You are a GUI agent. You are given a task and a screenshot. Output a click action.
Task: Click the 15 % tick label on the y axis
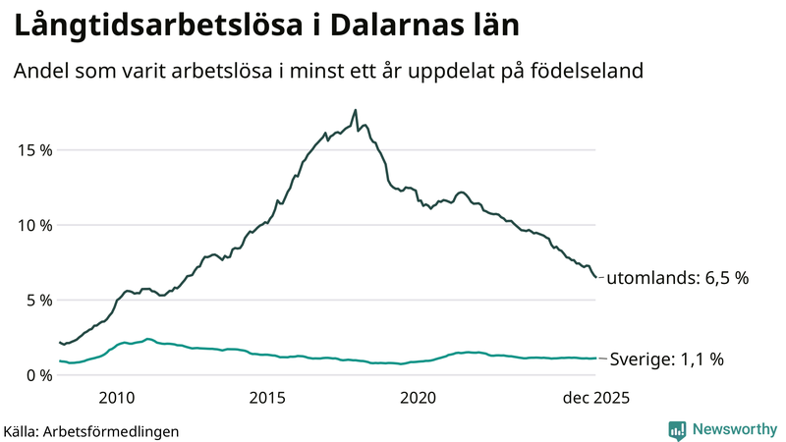(34, 150)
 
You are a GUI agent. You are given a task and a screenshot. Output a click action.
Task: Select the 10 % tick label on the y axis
(34, 225)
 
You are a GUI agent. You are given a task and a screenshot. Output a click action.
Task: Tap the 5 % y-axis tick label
(38, 300)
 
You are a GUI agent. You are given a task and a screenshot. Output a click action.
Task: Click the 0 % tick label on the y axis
(38, 375)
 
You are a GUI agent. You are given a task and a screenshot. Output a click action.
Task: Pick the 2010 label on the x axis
(117, 398)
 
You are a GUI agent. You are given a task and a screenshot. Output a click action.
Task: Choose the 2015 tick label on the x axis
(267, 398)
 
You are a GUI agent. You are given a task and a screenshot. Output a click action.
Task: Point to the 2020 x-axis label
(419, 398)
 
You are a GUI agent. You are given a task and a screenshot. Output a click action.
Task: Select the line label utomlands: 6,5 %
(677, 278)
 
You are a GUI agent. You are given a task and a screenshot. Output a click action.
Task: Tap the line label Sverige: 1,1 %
(667, 359)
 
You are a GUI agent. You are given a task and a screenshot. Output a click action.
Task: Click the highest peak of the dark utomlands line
(355, 110)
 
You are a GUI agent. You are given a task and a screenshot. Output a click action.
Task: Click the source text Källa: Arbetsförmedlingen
(91, 430)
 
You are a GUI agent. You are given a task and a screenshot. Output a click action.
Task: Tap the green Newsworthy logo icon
(677, 429)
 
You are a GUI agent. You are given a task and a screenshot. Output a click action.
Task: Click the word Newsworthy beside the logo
(734, 429)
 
